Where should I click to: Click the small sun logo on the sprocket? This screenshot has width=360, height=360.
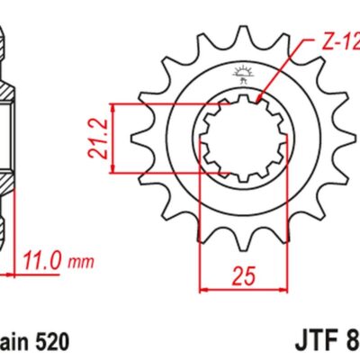238,71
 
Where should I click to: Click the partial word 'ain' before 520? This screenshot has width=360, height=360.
14,342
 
